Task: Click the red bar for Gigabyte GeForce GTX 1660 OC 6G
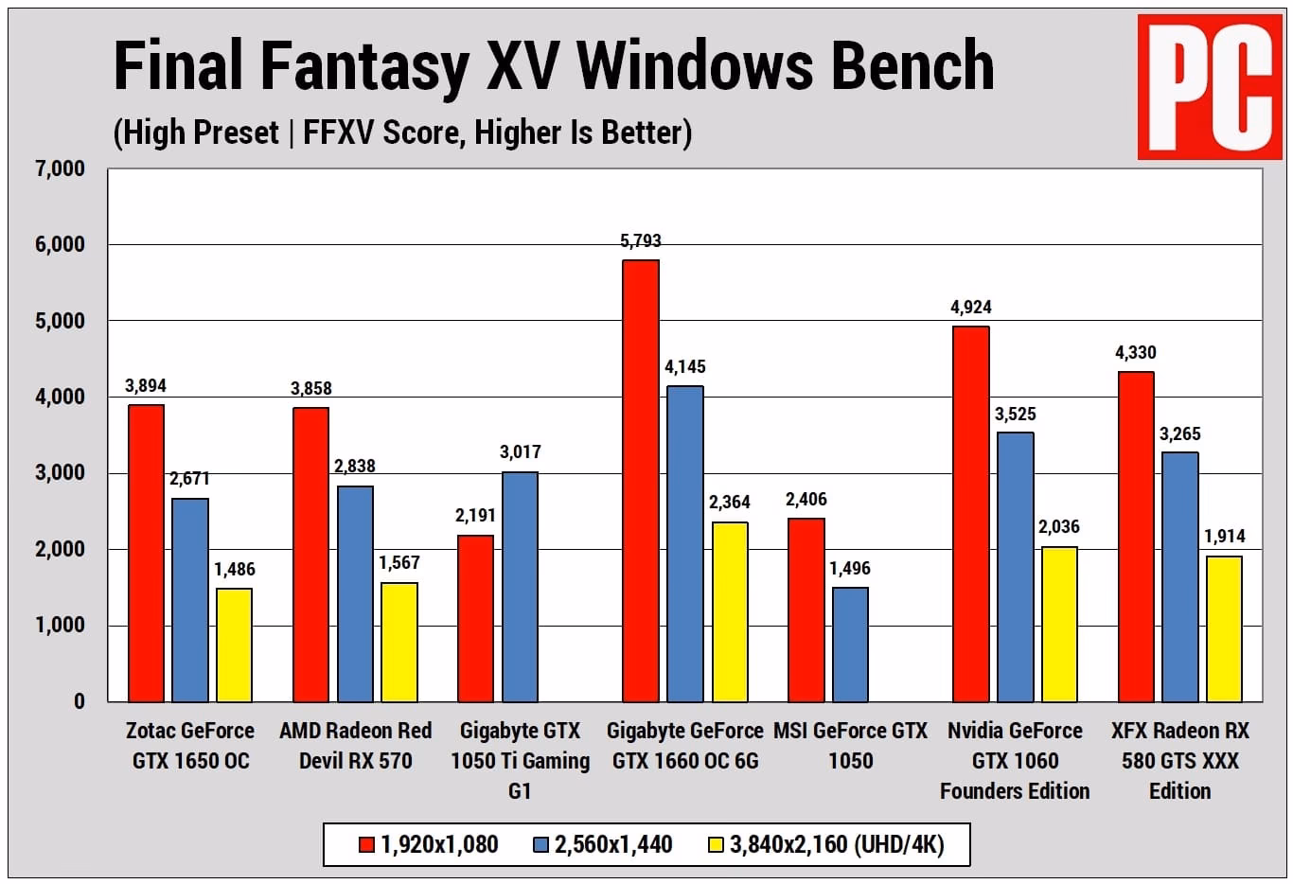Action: (x=641, y=481)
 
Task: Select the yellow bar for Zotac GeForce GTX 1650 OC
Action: (x=234, y=645)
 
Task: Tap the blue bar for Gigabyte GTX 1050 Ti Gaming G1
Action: (x=520, y=587)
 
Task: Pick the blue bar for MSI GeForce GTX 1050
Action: (x=850, y=645)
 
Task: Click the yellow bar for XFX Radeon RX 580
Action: (x=1224, y=628)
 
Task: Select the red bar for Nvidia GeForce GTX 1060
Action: (x=970, y=514)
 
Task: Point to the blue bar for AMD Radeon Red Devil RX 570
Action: (x=355, y=593)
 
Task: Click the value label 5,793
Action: (x=641, y=241)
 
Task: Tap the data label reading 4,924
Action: (x=970, y=308)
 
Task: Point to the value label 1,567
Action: (x=399, y=563)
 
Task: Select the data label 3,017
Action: (x=520, y=452)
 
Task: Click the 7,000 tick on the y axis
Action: (x=60, y=169)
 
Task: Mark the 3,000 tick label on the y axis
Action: (x=60, y=473)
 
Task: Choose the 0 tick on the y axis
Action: (x=79, y=701)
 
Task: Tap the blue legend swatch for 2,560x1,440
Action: (x=541, y=844)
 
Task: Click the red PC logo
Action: (x=1209, y=86)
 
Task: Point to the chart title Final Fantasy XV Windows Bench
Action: (x=554, y=65)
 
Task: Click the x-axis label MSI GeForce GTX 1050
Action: (x=850, y=746)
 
